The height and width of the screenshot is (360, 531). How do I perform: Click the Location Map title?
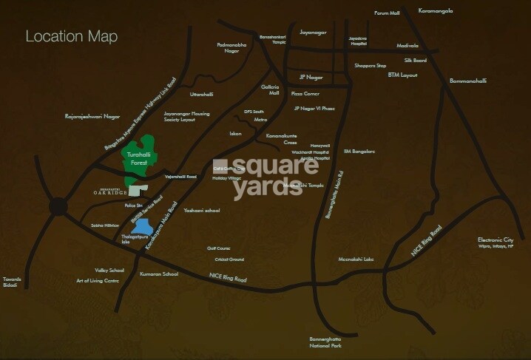[71, 36]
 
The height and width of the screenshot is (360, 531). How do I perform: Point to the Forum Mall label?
[386, 13]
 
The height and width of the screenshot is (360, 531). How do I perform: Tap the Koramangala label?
[436, 11]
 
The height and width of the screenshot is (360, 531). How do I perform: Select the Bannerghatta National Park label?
[325, 342]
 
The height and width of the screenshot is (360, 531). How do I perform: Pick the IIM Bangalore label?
[359, 152]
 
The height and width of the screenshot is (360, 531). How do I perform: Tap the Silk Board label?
[415, 61]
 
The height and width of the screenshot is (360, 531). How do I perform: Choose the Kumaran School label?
[158, 274]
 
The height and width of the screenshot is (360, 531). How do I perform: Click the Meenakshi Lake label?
[356, 259]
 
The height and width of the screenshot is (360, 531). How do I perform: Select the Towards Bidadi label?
[12, 282]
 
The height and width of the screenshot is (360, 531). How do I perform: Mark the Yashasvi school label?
[201, 210]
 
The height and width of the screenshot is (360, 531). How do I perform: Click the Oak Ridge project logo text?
[111, 192]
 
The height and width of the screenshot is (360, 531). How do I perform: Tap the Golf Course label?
[219, 248]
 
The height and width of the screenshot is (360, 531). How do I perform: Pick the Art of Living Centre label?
[98, 281]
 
